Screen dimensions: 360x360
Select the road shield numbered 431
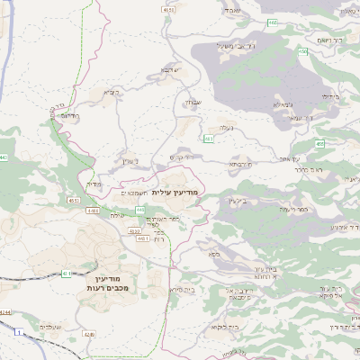65,273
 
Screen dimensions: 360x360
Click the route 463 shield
208,139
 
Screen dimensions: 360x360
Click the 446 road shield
139,210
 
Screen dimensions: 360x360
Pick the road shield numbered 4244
6,310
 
